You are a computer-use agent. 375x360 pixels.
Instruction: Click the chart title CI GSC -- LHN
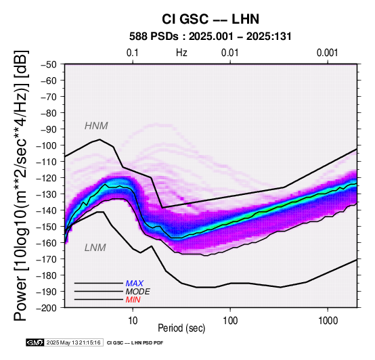[211, 19]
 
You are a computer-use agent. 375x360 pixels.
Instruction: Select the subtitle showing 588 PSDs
[211, 37]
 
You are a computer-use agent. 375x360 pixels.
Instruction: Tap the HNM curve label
[96, 126]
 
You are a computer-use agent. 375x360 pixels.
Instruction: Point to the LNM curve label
[95, 248]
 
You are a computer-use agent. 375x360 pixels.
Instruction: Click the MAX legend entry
[135, 284]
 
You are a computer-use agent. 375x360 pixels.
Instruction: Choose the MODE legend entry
[138, 292]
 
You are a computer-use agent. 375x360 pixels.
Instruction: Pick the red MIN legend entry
[133, 300]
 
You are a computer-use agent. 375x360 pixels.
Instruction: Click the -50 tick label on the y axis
[49, 65]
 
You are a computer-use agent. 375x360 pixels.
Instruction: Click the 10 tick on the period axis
[133, 321]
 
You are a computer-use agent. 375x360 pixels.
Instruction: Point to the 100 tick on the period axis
[230, 321]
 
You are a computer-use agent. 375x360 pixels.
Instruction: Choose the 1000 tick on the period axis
[328, 321]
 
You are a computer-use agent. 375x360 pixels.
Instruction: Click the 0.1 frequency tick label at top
[133, 53]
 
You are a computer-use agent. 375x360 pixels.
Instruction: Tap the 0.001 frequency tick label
[328, 53]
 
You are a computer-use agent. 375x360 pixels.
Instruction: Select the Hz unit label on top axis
[181, 53]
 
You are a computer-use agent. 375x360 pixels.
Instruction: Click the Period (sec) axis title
[181, 328]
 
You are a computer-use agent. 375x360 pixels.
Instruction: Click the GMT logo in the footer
[35, 343]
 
